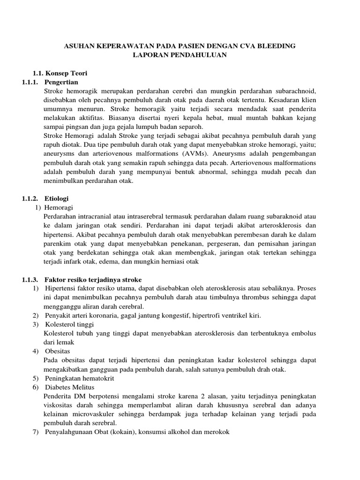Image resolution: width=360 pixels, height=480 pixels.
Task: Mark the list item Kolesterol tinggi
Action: pos(69,324)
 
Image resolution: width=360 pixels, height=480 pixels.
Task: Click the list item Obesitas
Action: pos(59,351)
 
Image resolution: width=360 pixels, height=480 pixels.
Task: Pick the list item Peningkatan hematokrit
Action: pos(80,378)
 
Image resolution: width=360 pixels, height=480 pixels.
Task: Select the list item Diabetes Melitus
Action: pos(70,387)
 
